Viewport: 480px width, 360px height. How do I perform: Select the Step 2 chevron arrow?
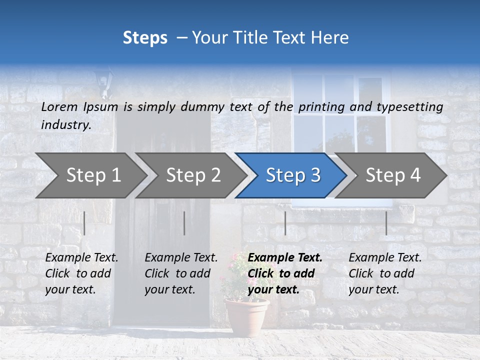[x=192, y=175]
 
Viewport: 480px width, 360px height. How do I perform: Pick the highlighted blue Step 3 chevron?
[x=292, y=175]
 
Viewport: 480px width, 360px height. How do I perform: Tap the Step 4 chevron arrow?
[x=392, y=175]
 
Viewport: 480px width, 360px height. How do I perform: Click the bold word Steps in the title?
[x=145, y=38]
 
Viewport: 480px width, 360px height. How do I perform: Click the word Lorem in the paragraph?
[x=59, y=106]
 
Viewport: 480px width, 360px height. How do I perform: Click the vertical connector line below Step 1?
[x=84, y=223]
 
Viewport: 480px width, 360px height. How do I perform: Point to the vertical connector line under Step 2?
[x=184, y=223]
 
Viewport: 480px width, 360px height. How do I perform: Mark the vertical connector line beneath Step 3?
[x=285, y=223]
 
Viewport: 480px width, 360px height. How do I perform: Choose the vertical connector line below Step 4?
[x=386, y=223]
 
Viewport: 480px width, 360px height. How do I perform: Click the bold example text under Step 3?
[x=284, y=273]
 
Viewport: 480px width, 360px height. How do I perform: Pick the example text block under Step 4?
[x=384, y=273]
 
